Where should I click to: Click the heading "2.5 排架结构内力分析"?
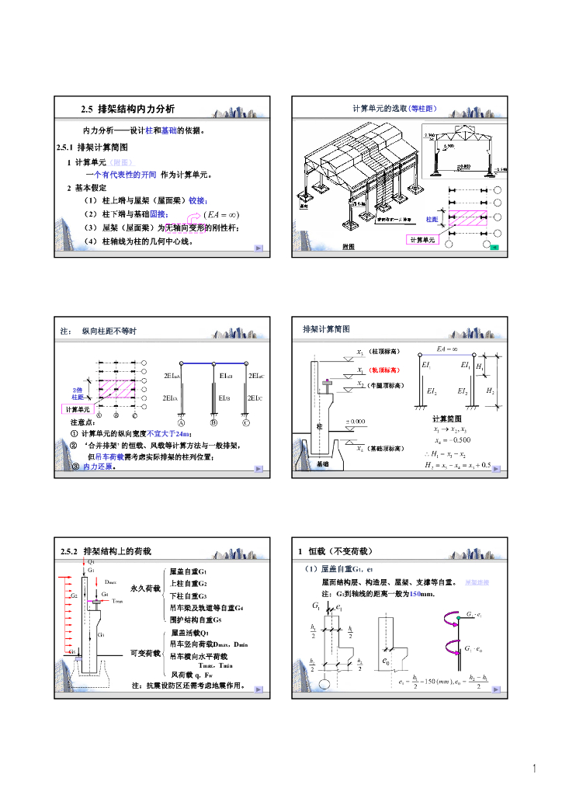point(128,109)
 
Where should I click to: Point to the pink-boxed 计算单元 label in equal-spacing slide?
point(424,240)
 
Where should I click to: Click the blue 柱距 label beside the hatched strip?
point(432,220)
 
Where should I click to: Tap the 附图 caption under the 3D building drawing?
point(348,247)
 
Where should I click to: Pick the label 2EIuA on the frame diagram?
point(173,376)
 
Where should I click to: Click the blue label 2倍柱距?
point(78,393)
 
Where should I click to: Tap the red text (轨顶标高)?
point(383,370)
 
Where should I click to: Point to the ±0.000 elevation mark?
point(356,422)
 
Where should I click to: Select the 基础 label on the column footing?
point(322,463)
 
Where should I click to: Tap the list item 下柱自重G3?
point(188,595)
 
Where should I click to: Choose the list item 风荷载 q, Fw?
point(190,675)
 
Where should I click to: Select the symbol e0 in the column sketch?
point(387,662)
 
